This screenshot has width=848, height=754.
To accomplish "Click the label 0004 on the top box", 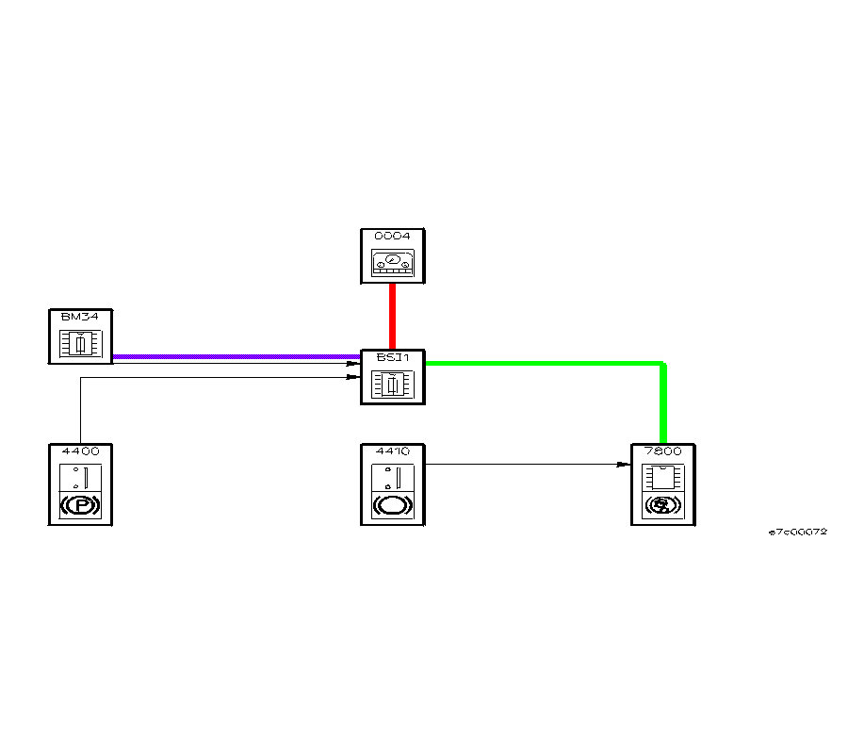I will (392, 236).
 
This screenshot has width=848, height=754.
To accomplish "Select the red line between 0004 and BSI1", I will (392, 316).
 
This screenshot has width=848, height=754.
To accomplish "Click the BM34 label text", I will (80, 317).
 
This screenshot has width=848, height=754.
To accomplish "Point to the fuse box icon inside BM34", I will (80, 344).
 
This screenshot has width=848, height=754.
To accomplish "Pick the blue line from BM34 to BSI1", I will (236, 357).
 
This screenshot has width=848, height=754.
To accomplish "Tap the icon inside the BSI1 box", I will (392, 385).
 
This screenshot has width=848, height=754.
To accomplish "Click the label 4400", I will (80, 451).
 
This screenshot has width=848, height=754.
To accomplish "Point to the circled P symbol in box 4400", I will (80, 506).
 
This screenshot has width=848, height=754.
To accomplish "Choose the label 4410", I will (392, 451).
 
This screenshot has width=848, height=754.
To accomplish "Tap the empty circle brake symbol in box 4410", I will (392, 506).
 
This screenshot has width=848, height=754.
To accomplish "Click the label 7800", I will (662, 451).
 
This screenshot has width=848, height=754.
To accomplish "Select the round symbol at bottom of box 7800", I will (662, 506).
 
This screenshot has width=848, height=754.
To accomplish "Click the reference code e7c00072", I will (797, 532).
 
